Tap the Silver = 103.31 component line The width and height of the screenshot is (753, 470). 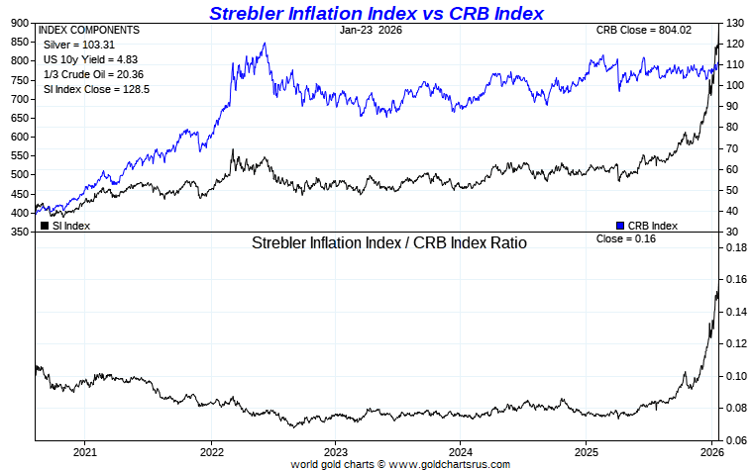coord(73,46)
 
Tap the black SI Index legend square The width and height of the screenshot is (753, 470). coord(44,226)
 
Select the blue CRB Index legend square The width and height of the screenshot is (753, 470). coord(620,226)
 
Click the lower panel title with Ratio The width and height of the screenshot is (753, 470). coord(388,241)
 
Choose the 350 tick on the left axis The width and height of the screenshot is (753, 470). coord(19,232)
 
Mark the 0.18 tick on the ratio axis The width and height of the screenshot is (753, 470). coord(734,248)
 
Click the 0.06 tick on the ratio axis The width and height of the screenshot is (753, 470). coord(734,440)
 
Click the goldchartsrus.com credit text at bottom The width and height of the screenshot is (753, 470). coord(400,463)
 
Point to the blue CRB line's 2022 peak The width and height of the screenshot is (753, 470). coord(264,44)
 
